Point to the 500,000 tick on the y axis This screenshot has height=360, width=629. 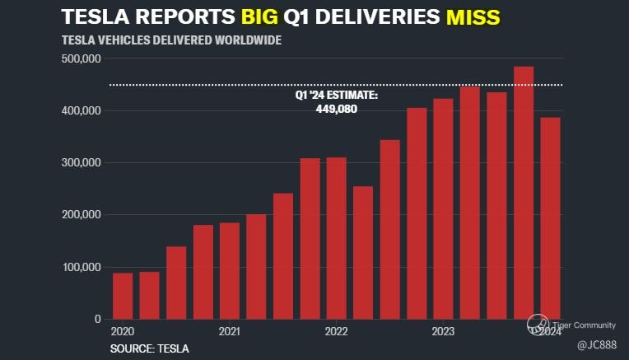point(81,59)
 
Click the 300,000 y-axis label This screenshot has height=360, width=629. point(81,163)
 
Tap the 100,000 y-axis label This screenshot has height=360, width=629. point(81,267)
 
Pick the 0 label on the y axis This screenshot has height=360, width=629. point(96,319)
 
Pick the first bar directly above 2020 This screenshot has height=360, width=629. point(123,296)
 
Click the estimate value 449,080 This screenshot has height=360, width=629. point(336,109)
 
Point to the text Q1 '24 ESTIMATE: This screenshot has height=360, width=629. point(337,96)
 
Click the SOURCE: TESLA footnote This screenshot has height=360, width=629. point(149,348)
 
